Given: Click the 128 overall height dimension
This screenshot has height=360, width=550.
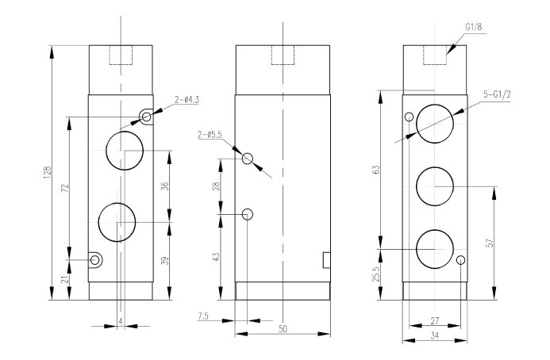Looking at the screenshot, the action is pos(48,172).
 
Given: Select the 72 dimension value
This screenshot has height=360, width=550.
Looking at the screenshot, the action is pos(64,188).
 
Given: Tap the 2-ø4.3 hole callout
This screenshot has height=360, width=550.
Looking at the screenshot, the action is pos(187,100).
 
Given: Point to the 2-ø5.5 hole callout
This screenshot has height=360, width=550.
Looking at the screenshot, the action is pos(210,135).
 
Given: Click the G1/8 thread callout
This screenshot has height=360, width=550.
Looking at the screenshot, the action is pos(474,27).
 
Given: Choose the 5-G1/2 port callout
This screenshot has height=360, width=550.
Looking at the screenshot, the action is pos(497,94).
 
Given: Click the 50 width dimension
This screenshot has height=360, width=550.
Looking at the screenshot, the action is pos(283,329).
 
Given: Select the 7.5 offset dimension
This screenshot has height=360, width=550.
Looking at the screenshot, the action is pos(203,316).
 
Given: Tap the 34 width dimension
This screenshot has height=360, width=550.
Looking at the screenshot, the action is pos(435,335).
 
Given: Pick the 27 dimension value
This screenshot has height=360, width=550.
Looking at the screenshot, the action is pos(435,321).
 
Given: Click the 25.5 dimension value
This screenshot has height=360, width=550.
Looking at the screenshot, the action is pos(375,274).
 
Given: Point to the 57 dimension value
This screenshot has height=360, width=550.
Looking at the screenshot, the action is pos(490,243).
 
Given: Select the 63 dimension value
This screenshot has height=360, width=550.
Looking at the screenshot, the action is pos(375,170).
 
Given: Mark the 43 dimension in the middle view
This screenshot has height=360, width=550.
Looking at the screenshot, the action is pos(216,257).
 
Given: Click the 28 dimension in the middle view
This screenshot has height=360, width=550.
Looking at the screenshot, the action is pos(216,186).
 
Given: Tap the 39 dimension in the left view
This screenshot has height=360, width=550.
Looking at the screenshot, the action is pos(165,260).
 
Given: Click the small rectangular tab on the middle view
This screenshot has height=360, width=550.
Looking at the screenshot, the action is pos(326,260).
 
